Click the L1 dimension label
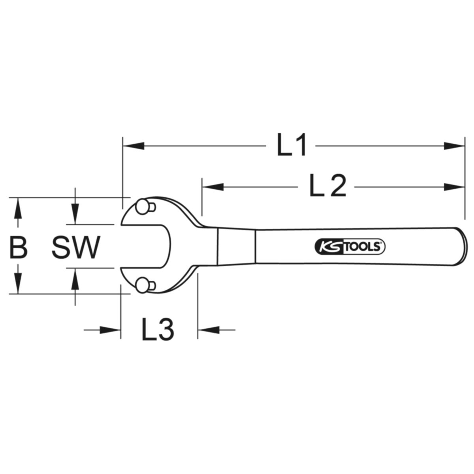coord(291,145)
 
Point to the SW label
coord(76,247)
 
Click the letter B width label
coord(18,247)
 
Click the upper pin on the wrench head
coord(145,207)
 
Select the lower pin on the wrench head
coord(145,285)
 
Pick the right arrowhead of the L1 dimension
coord(454,146)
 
